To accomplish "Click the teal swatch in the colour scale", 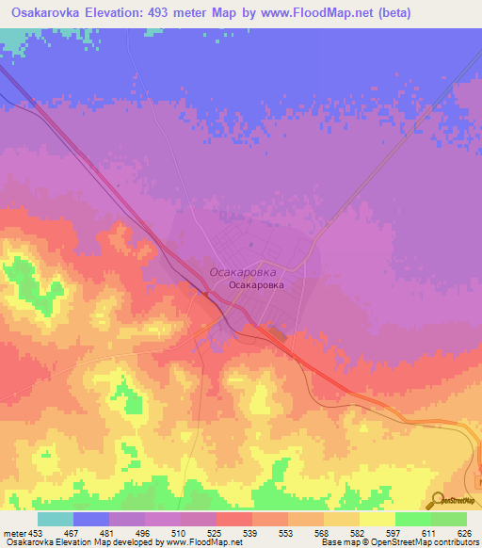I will [x=56, y=519].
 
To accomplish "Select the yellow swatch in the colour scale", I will [x=377, y=519].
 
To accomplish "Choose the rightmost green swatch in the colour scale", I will [x=448, y=519].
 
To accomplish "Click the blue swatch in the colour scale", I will [x=91, y=519].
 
